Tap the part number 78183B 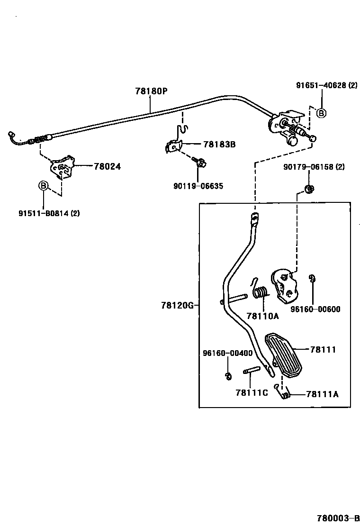pyautogui.click(x=219, y=145)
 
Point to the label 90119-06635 pyautogui.click(x=198, y=186)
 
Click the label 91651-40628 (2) pyautogui.click(x=327, y=86)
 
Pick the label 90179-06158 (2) pyautogui.click(x=314, y=167)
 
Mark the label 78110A pyautogui.click(x=262, y=316)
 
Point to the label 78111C pyautogui.click(x=252, y=392)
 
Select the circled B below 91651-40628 pyautogui.click(x=321, y=113)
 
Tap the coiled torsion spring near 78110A pyautogui.click(x=259, y=292)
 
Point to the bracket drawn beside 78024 pyautogui.click(x=62, y=167)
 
